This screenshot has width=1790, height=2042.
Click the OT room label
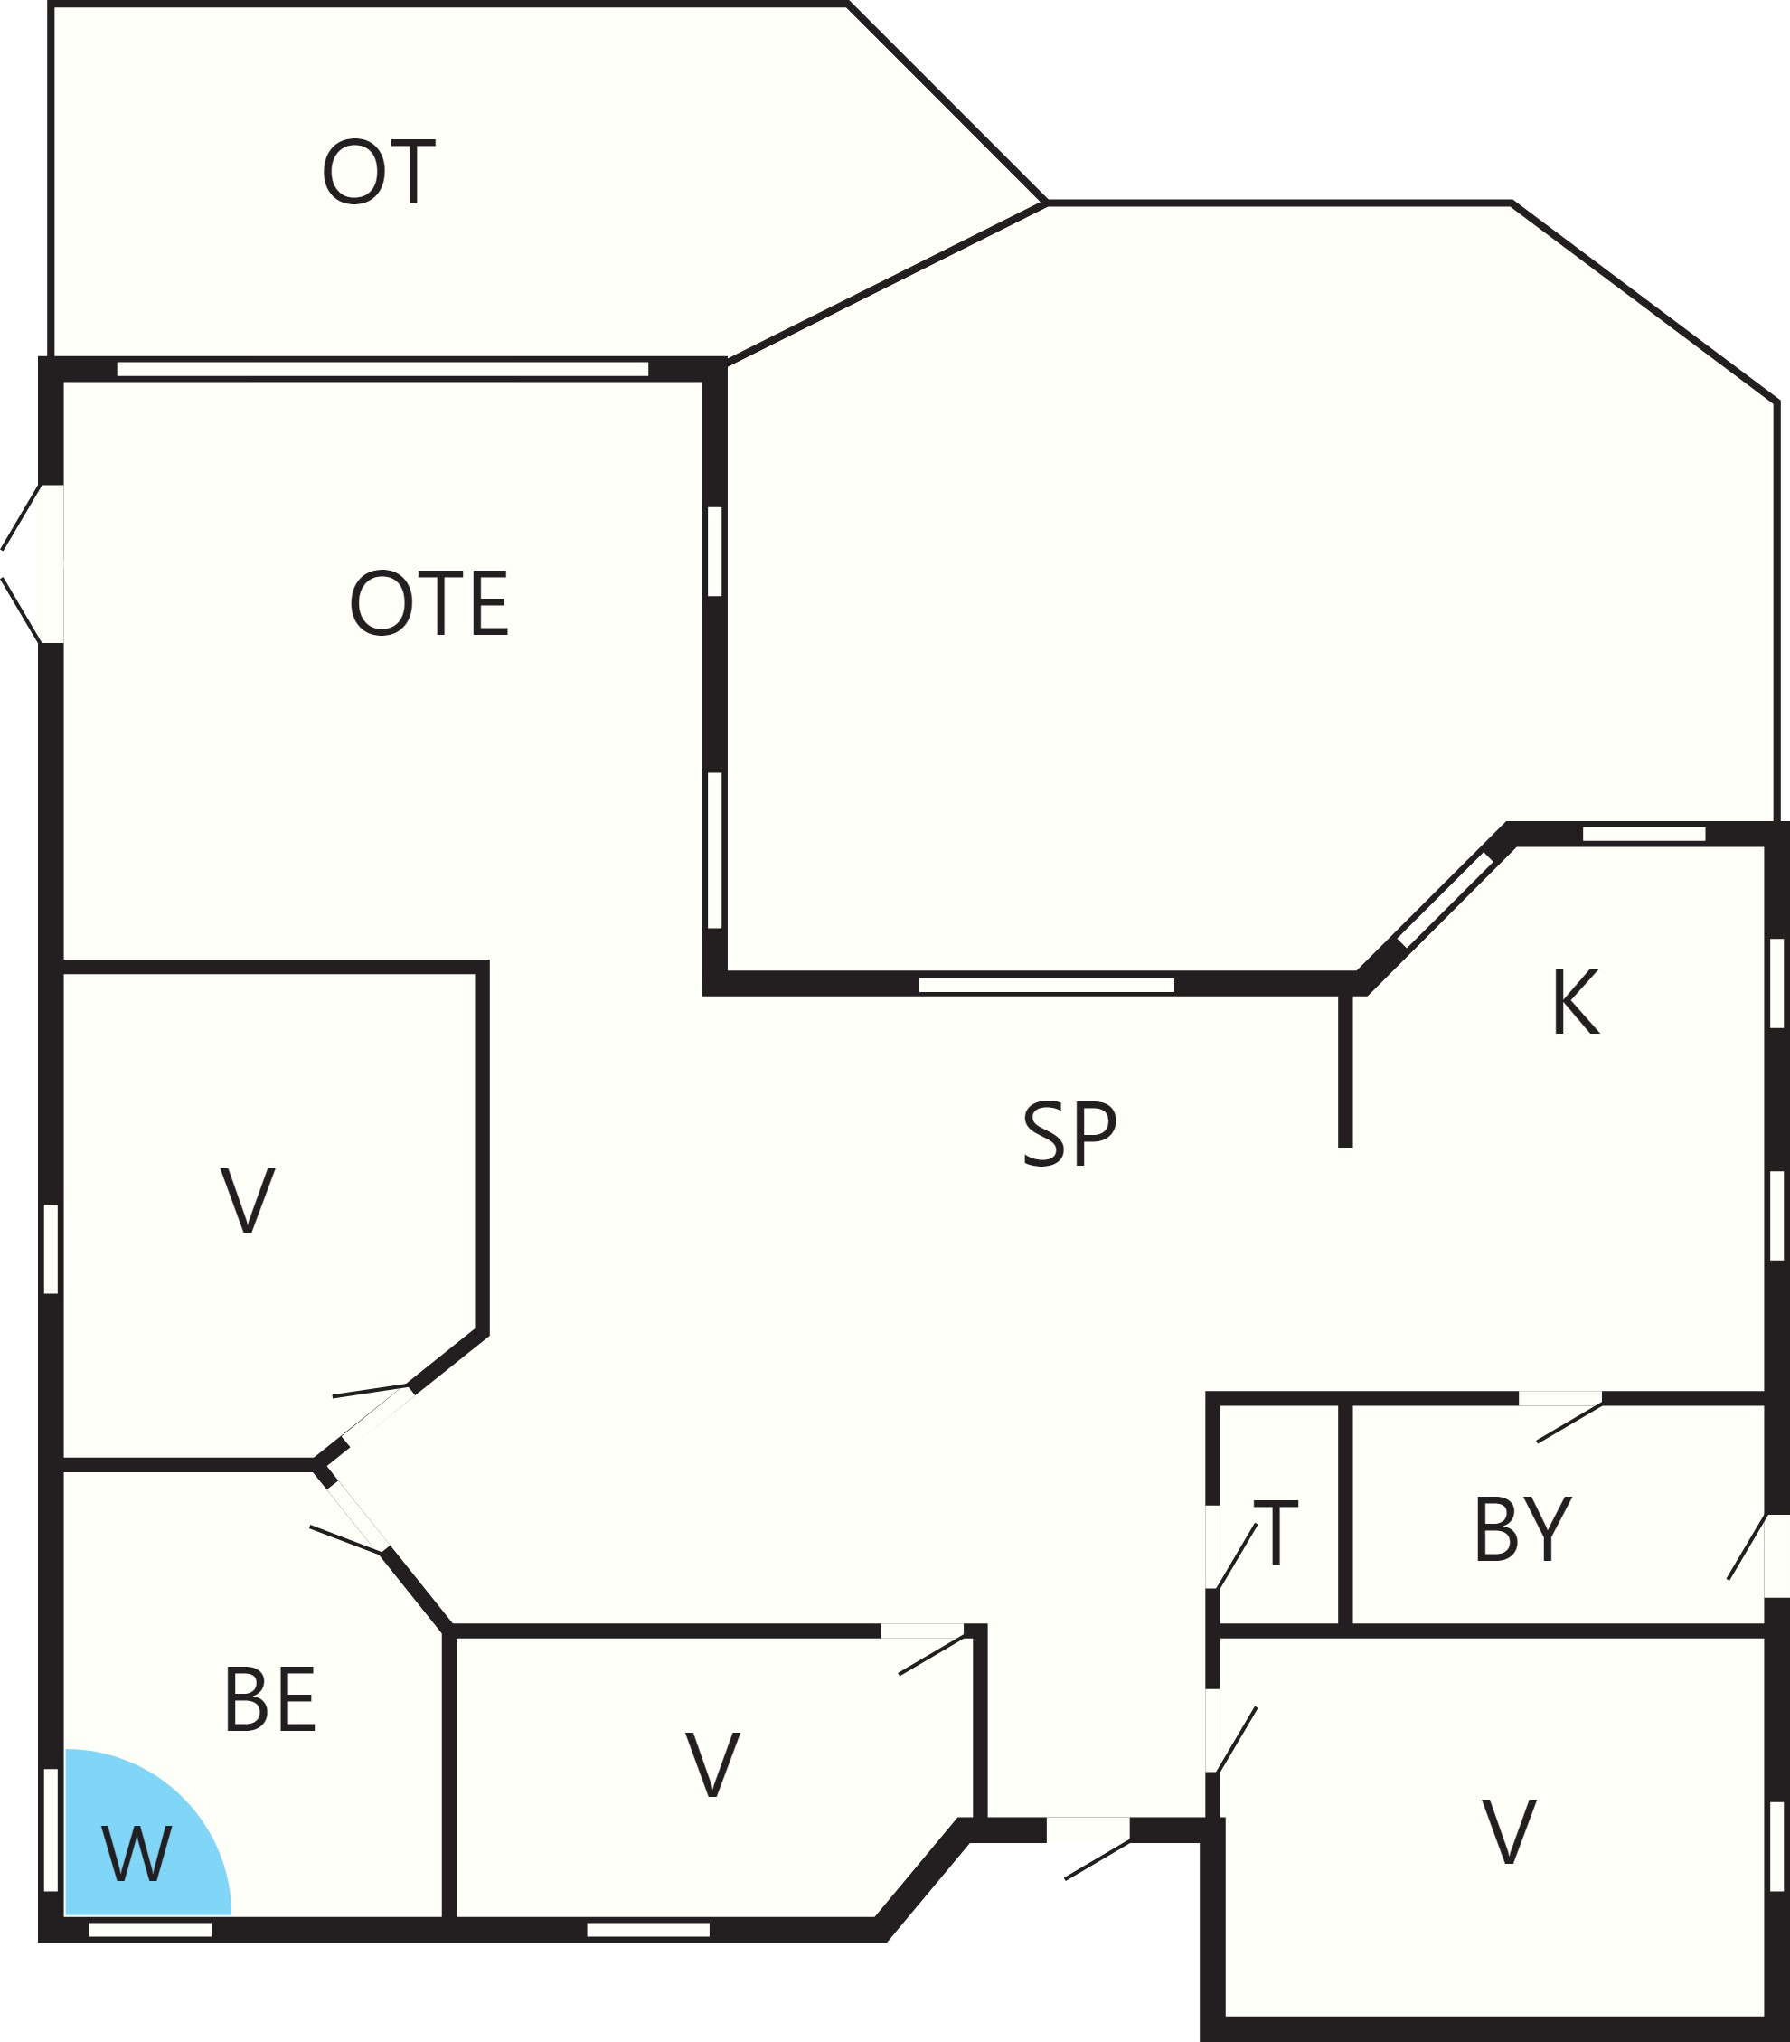point(379,172)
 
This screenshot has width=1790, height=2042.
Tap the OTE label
point(429,602)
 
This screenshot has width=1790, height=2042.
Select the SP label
point(1069,1134)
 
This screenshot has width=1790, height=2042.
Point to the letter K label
point(1575,1002)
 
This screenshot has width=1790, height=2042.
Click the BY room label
point(1522,1529)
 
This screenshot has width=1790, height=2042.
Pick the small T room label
point(1277,1533)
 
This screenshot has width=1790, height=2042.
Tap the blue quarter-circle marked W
point(140,1836)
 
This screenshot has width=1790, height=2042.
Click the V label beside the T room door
point(1508,1831)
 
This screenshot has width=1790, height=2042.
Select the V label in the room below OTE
point(248,1201)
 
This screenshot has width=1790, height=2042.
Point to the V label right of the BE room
point(712,1765)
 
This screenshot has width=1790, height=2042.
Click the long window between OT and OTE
point(382,369)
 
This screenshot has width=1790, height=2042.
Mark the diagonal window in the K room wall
point(1445,900)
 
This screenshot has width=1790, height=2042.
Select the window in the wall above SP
point(1046,985)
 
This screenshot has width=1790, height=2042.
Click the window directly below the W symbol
point(150,1929)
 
